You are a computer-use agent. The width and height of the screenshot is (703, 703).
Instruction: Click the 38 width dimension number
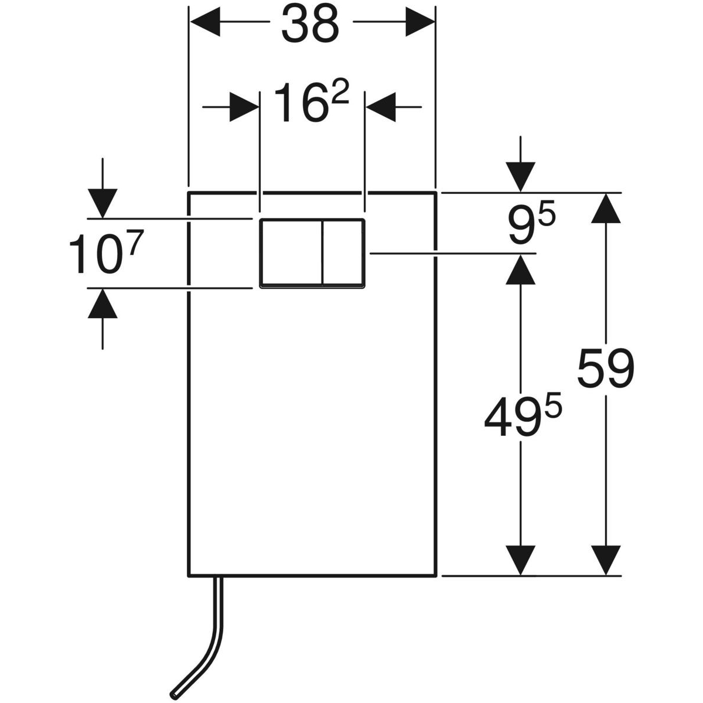point(310,24)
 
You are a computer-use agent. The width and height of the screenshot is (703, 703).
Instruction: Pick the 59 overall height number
point(606,369)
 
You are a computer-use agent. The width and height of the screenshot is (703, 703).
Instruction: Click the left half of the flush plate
point(291,253)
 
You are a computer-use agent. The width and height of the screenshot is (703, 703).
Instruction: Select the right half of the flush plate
point(343,253)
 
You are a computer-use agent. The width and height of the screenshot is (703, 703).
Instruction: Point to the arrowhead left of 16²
point(244,107)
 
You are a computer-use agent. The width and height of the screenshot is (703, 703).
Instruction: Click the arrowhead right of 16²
point(381,107)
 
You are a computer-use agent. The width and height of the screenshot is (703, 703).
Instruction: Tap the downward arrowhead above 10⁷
point(103,204)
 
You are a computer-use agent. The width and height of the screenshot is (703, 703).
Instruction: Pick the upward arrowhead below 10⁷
point(103,303)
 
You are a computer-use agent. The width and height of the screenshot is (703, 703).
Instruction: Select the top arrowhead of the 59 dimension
point(606,209)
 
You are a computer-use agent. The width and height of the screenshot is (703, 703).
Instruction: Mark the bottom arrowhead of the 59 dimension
point(606,560)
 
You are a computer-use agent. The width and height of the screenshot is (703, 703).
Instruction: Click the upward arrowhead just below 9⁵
point(521,269)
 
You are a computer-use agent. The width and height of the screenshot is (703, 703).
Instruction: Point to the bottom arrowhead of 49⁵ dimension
point(521,560)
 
